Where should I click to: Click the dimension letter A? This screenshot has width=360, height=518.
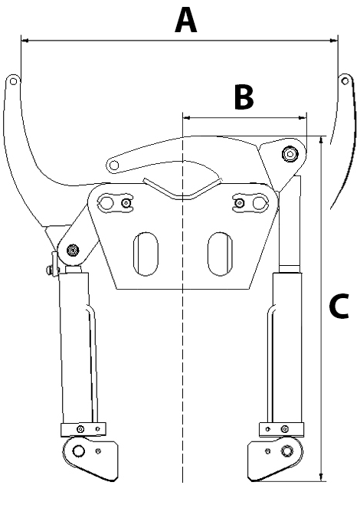[x=186, y=21]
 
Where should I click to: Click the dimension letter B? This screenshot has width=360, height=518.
[x=244, y=97]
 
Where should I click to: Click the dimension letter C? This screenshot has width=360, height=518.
[x=339, y=306]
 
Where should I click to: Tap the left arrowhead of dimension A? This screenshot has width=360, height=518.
[x=25, y=41]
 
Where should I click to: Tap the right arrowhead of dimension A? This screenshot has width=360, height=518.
[x=334, y=41]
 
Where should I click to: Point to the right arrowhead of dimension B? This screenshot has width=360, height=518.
[x=303, y=117]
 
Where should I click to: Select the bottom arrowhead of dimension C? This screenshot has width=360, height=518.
[x=321, y=477]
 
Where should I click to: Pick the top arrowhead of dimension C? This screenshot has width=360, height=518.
[x=321, y=140]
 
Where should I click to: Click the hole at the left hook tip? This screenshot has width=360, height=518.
[x=13, y=81]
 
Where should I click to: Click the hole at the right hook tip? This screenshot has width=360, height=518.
[x=345, y=81]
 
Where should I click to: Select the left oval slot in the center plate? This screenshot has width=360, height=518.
[x=146, y=254]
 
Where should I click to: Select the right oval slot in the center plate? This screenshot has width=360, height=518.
[x=220, y=254]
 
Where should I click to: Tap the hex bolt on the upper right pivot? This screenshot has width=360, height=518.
[x=290, y=153]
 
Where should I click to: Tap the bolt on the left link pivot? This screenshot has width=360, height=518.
[x=72, y=251]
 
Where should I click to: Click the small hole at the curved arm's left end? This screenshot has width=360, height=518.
[x=114, y=165]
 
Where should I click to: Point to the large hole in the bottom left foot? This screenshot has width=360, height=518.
[x=79, y=451]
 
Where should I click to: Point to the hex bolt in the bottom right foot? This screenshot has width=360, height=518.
[x=286, y=451]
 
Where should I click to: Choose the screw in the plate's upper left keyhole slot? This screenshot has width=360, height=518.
[x=126, y=203]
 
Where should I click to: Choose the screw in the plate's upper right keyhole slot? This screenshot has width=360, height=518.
[x=239, y=203]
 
